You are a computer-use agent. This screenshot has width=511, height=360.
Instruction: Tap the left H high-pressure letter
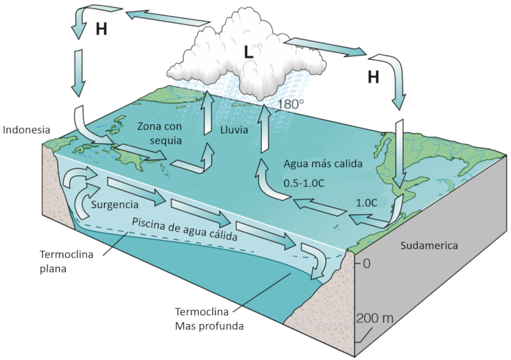tap(101, 29)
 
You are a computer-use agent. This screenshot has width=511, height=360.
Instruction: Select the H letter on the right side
tap(373, 77)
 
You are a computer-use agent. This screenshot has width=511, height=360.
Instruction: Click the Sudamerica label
tap(431, 245)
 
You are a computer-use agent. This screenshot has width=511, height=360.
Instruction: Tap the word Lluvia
tap(234, 130)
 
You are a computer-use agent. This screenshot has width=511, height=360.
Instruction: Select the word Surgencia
tap(115, 205)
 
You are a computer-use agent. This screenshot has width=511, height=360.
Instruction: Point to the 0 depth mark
tap(367, 263)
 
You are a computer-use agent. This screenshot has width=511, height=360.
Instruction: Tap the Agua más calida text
tap(323, 163)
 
